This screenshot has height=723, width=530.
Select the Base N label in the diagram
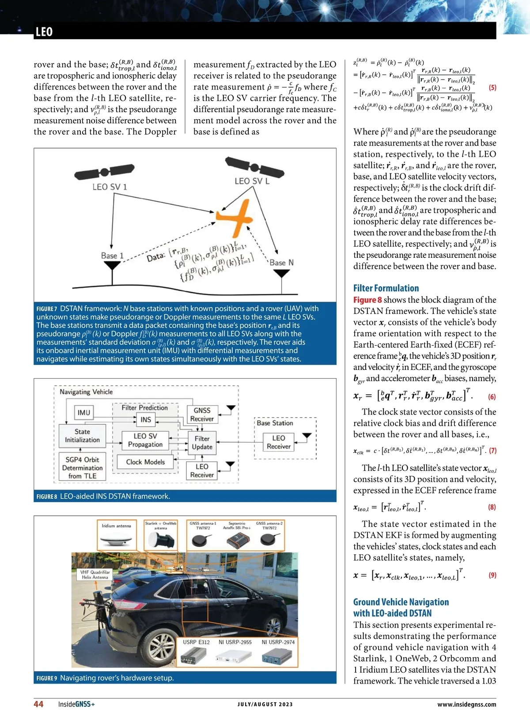tap(281, 262)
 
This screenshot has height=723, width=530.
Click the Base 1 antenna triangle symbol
tap(112, 265)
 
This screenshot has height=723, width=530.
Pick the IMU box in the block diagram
tap(83, 413)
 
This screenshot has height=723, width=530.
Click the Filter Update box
tap(202, 443)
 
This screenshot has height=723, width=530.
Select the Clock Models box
tap(145, 462)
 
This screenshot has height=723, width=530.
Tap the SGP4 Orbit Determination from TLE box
tap(82, 467)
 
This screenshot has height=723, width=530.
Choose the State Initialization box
tap(82, 436)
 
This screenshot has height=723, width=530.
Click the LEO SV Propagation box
tap(145, 440)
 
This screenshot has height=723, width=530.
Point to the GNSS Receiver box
tap(202, 414)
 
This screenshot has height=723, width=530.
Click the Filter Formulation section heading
tap(386, 288)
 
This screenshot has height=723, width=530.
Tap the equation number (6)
tap(492, 397)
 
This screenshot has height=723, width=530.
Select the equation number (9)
tap(492, 575)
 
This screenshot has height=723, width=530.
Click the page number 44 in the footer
tap(38, 704)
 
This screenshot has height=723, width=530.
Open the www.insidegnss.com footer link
tap(466, 704)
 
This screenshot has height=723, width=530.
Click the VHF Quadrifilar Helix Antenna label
tap(95, 574)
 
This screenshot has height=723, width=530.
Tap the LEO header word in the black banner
tap(44, 32)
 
